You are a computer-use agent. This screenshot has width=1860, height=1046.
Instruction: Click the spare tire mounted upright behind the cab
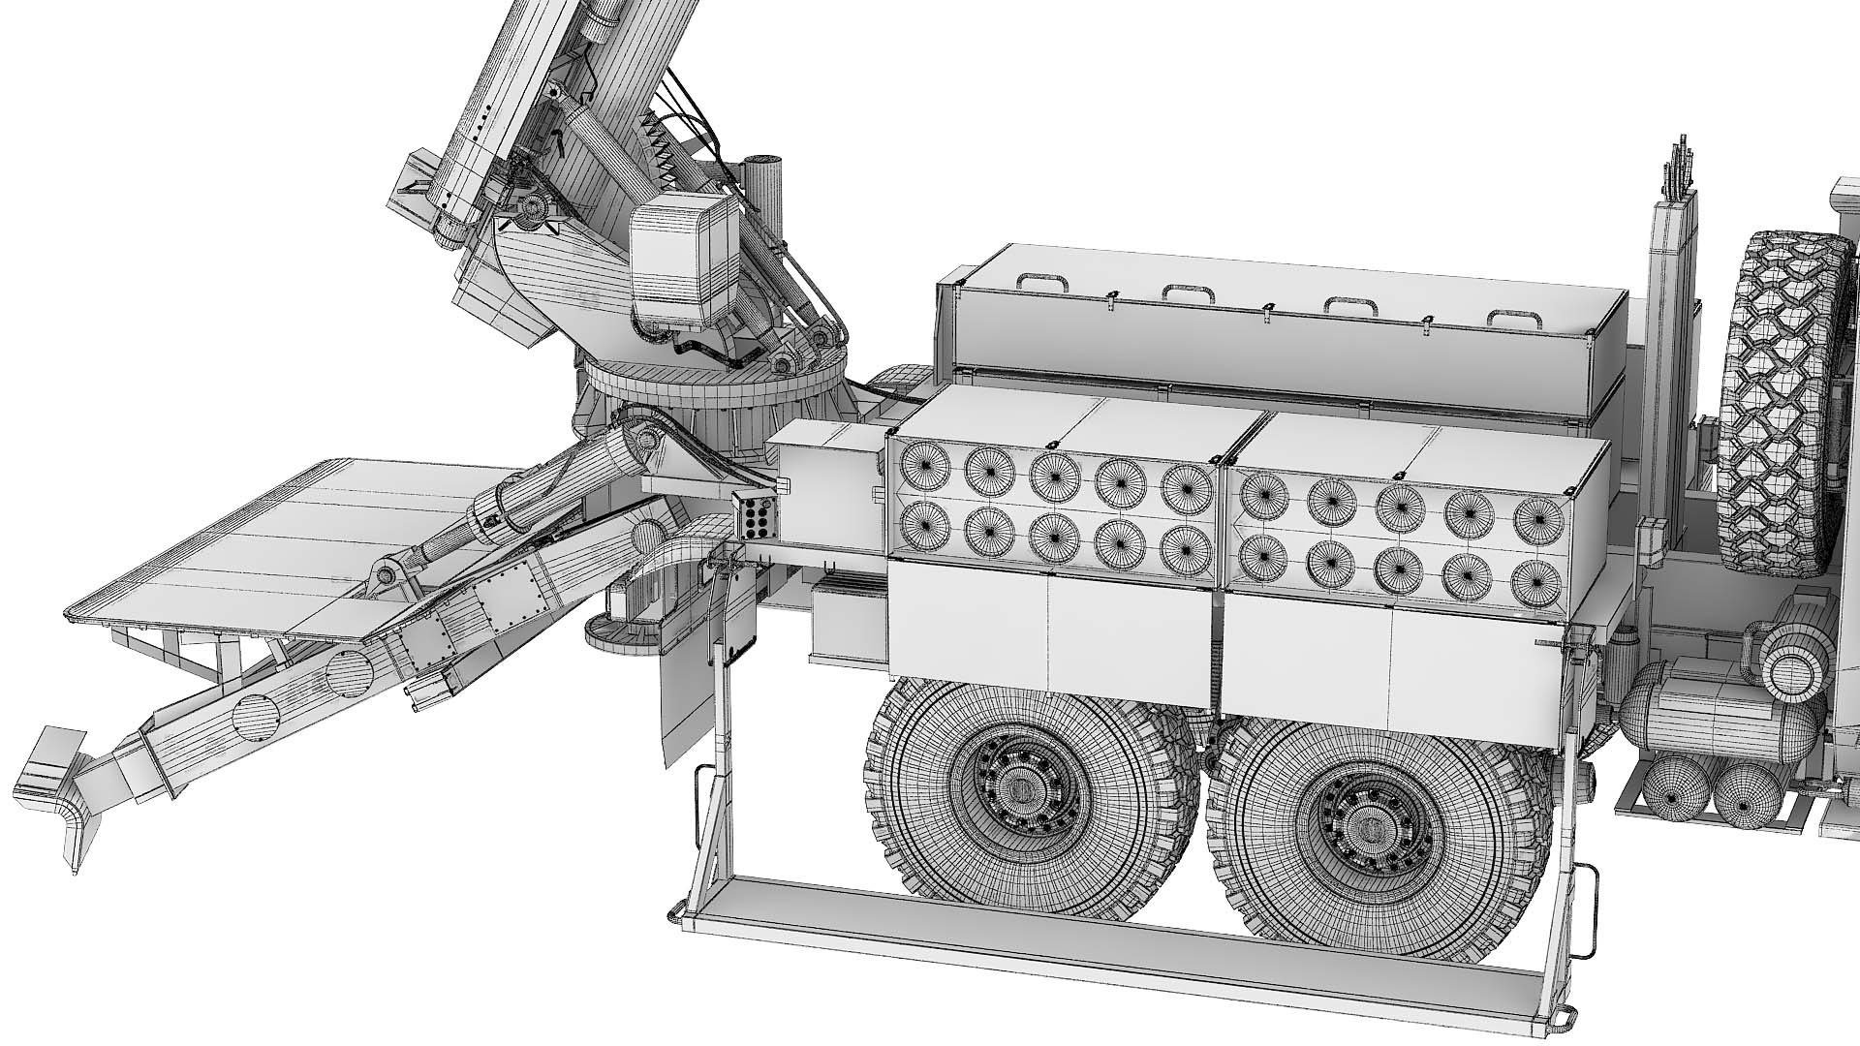tap(1782, 407)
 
